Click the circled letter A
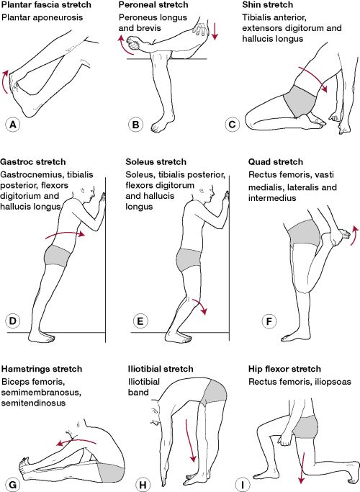pyautogui.click(x=12, y=125)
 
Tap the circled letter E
pyautogui.click(x=140, y=321)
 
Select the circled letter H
pyautogui.click(x=143, y=485)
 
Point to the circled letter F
pyautogui.click(x=269, y=321)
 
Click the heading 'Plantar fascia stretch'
pyautogui.click(x=46, y=5)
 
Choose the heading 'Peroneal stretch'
pyautogui.click(x=153, y=5)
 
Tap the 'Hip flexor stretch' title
pyautogui.click(x=284, y=369)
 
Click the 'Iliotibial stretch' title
pyautogui.click(x=161, y=369)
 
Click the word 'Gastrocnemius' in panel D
pyautogui.click(x=32, y=174)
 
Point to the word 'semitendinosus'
pyautogui.click(x=34, y=403)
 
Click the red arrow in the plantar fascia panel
pyautogui.click(x=6, y=81)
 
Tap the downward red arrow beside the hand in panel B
pyautogui.click(x=215, y=31)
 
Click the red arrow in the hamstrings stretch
pyautogui.click(x=76, y=441)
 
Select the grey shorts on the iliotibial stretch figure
pyautogui.click(x=214, y=393)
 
